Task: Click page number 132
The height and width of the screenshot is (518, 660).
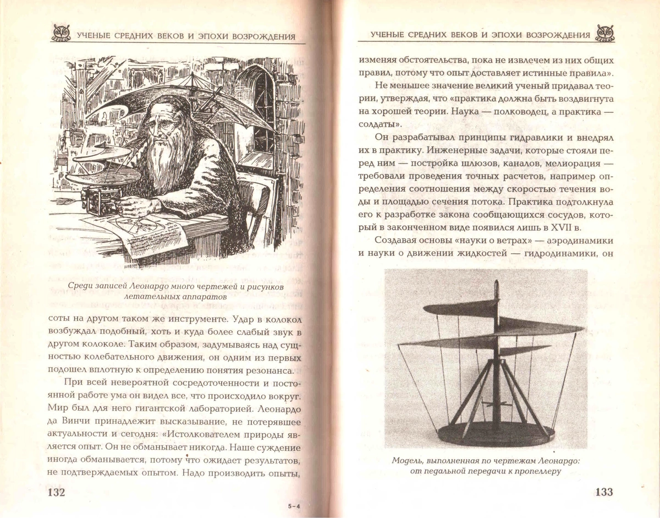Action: pyautogui.click(x=57, y=492)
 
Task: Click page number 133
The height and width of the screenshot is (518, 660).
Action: pyautogui.click(x=604, y=492)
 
